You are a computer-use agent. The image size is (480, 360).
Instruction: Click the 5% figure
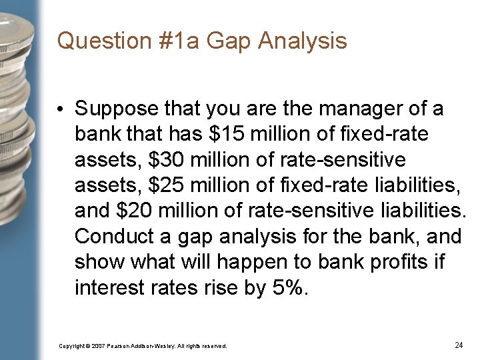click(291, 289)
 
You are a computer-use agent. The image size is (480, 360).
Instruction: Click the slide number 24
click(458, 345)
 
